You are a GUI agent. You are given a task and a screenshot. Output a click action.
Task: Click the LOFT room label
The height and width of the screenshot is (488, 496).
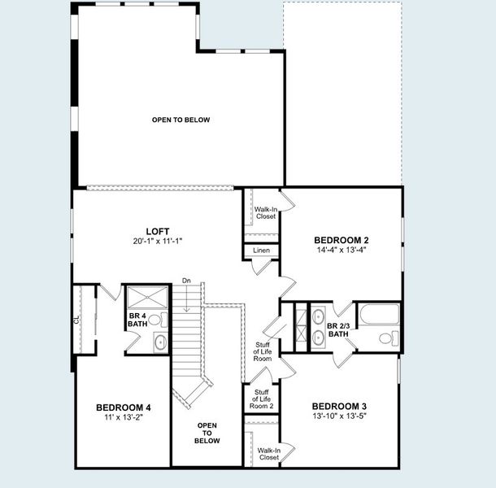[157, 230]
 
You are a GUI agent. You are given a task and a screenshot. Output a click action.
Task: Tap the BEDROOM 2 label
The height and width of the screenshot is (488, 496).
[342, 240]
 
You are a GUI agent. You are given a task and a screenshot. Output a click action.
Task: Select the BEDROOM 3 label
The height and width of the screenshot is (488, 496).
[339, 406]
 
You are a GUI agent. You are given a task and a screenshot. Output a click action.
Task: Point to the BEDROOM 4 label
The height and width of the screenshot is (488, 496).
[124, 407]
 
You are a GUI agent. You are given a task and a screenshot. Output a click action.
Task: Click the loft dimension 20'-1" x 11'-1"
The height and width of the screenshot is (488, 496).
[157, 242]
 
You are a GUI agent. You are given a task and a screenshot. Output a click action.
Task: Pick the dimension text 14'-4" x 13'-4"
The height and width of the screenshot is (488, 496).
[342, 251]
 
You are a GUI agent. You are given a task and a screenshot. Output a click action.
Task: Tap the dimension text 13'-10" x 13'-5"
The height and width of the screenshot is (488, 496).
[339, 416]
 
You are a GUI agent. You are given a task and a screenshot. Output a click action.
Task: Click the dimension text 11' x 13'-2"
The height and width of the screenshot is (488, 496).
[124, 417]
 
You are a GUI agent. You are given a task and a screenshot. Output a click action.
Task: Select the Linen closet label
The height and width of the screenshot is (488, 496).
[261, 251]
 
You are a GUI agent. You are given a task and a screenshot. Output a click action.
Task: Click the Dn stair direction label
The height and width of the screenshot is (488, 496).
[186, 281]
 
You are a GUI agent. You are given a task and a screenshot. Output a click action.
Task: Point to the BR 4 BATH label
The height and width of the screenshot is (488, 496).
[137, 320]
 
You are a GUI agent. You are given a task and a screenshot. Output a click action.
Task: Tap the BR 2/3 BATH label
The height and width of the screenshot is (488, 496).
[338, 329]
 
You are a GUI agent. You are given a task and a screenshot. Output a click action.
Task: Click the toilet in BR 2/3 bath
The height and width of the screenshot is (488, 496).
[387, 338]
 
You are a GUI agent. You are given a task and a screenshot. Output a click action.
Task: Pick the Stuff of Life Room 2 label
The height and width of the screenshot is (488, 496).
[261, 399]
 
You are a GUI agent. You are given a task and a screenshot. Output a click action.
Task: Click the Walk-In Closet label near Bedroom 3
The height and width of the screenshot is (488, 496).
[268, 454]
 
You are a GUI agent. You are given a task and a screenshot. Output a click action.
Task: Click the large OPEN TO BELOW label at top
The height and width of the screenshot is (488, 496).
[181, 120]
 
